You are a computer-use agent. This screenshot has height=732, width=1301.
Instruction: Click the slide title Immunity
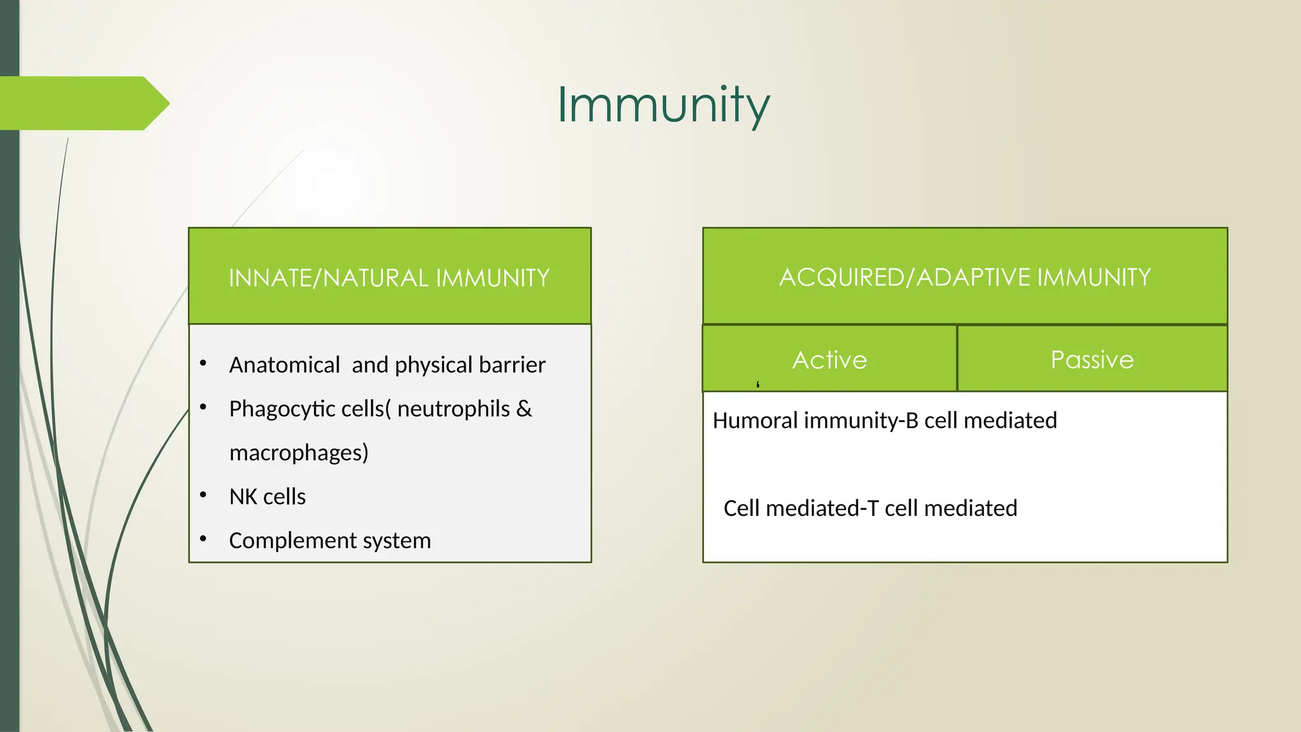tap(663, 105)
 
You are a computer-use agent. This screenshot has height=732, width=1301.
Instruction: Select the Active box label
tap(829, 360)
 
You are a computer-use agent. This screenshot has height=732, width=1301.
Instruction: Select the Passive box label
tap(1091, 360)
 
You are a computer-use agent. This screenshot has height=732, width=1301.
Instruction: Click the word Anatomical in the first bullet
tap(285, 365)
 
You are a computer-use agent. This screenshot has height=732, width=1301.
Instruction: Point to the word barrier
tap(512, 365)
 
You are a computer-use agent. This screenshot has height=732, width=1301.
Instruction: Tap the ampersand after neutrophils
tap(524, 409)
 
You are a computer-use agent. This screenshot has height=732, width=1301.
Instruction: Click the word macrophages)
tap(299, 453)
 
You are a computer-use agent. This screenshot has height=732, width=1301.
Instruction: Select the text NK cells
tap(267, 497)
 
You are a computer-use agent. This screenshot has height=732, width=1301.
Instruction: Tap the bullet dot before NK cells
tap(203, 495)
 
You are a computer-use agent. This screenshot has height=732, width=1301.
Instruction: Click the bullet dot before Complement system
tap(203, 539)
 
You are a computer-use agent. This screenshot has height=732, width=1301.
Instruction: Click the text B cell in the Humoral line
tap(934, 421)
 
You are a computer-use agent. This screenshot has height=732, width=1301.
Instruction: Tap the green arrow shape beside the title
tap(83, 103)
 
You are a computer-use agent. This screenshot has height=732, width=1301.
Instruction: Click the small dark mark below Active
tap(758, 384)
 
